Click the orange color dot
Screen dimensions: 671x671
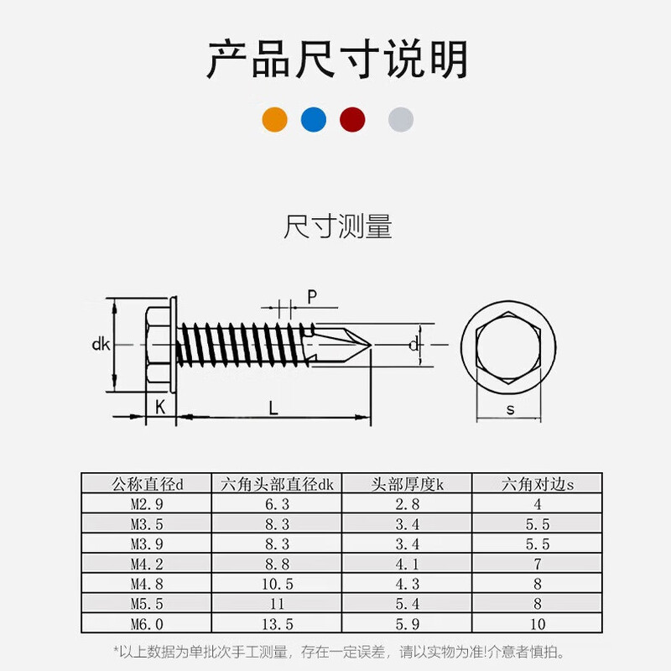tap(274, 120)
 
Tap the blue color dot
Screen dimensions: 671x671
tap(314, 120)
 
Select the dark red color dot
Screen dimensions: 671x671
tap(352, 120)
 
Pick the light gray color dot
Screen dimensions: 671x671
tap(401, 120)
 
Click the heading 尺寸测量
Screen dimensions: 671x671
tap(337, 227)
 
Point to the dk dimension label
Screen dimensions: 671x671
tap(101, 344)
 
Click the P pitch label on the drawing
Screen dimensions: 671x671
tap(311, 295)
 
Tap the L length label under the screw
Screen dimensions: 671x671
tap(273, 408)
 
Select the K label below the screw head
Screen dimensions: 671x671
tap(159, 407)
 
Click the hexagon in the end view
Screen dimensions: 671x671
tap(510, 345)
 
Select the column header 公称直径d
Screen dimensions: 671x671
tap(147, 484)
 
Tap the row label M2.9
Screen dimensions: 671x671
tap(146, 505)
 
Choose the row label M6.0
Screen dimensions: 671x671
tap(146, 623)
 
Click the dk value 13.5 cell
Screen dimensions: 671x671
tap(277, 623)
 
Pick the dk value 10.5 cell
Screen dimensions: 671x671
tap(277, 584)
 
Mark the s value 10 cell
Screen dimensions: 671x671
tap(538, 623)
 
